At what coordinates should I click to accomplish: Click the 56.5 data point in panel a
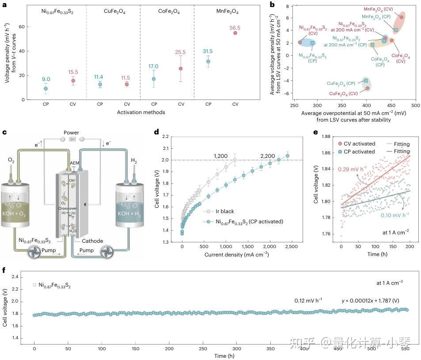235,33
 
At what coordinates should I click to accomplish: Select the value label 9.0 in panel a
46,80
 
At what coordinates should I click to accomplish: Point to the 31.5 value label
208,51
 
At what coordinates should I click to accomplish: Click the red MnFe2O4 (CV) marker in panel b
401,17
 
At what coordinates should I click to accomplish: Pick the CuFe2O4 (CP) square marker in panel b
366,80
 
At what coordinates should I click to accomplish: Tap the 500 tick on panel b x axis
414,106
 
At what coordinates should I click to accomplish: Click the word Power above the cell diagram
71,133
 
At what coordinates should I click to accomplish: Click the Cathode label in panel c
92,241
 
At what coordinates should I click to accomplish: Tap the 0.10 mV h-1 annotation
394,215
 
